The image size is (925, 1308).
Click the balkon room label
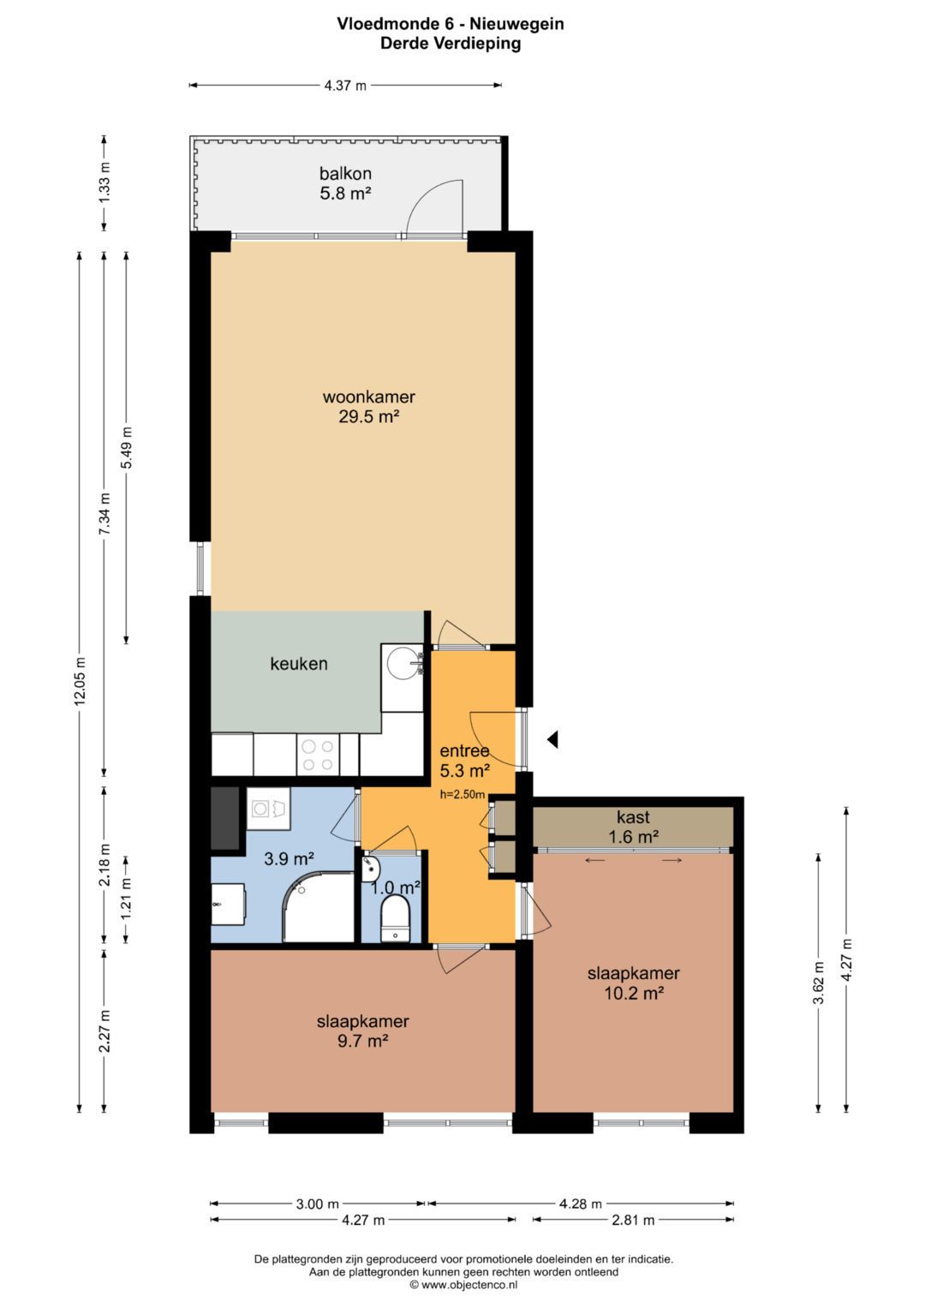click(346, 183)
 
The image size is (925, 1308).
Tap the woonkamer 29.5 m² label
click(369, 406)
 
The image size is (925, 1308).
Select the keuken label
click(298, 664)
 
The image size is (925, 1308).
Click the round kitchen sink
click(403, 663)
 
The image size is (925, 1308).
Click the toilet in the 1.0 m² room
click(395, 920)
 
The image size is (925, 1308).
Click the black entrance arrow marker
click(552, 740)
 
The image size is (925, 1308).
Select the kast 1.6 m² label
click(634, 827)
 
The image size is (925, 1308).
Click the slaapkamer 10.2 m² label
click(634, 983)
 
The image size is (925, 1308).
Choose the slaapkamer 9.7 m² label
click(362, 1030)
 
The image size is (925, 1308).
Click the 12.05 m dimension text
click(80, 682)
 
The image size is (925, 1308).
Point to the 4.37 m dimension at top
click(345, 86)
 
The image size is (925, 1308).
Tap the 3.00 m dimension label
click(317, 1204)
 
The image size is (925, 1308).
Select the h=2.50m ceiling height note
click(462, 794)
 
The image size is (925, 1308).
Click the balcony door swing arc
click(429, 196)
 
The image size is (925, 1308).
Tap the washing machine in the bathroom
click(268, 808)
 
